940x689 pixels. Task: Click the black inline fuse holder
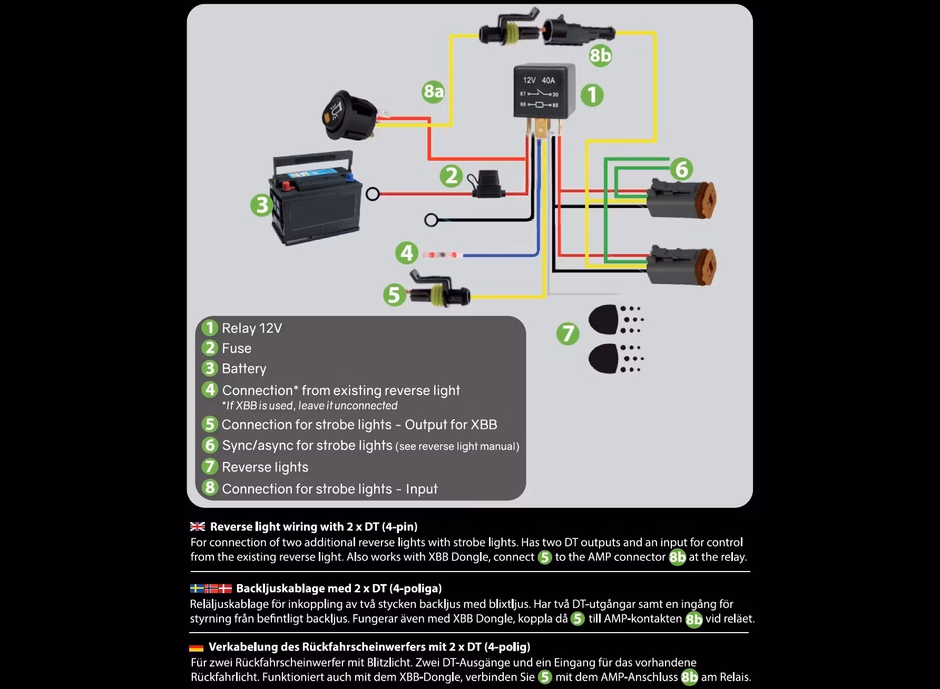(x=488, y=185)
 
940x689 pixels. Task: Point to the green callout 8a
(x=433, y=92)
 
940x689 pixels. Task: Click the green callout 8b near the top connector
(x=600, y=55)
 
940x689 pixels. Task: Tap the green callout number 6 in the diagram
(x=681, y=169)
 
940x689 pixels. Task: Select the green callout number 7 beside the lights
(x=567, y=333)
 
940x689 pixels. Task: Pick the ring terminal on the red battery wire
(x=373, y=194)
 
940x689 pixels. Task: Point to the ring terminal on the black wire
(x=431, y=220)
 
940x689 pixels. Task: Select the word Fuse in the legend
(x=237, y=348)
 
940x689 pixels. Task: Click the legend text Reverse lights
(x=265, y=467)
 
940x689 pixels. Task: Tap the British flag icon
(x=198, y=526)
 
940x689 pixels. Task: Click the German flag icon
(x=196, y=647)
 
